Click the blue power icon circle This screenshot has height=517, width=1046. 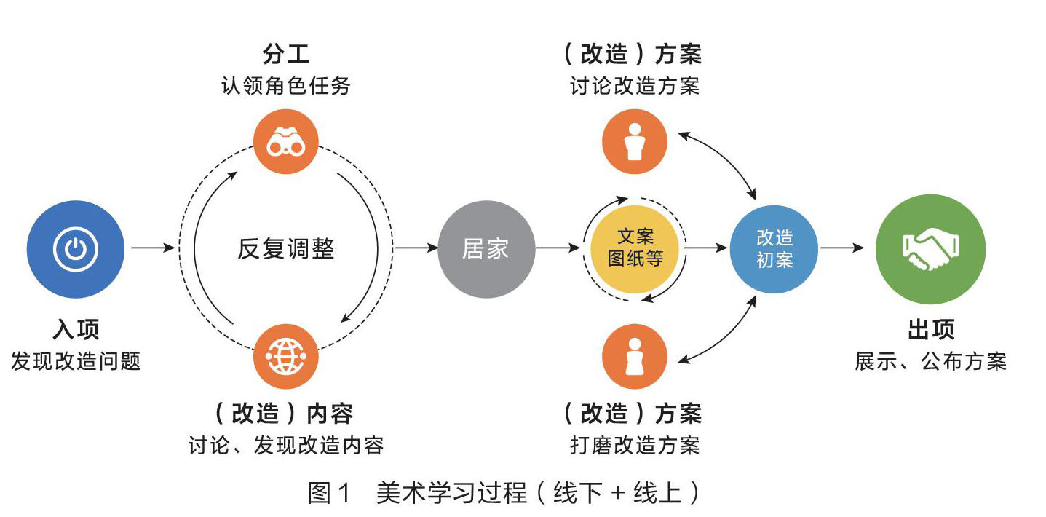click(76, 250)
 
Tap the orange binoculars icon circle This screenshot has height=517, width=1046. click(285, 141)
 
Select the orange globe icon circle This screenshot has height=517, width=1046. click(285, 357)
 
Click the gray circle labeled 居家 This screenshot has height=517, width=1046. click(486, 250)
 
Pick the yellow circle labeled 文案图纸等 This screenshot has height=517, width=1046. click(635, 248)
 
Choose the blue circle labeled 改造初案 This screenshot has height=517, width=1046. click(774, 249)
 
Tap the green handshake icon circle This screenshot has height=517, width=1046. click(930, 249)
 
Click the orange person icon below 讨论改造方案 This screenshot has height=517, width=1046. click(635, 141)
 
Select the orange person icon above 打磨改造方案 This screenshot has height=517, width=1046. click(635, 357)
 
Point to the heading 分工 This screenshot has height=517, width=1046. click(285, 55)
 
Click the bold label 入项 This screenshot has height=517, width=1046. click(76, 330)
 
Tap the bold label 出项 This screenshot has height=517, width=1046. click(930, 330)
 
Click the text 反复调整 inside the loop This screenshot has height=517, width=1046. click(285, 249)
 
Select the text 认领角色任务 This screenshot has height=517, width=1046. click(285, 86)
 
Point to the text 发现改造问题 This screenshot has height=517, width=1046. click(76, 361)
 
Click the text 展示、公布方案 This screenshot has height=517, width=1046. click(930, 361)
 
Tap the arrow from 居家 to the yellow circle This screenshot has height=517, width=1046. click(559, 249)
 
